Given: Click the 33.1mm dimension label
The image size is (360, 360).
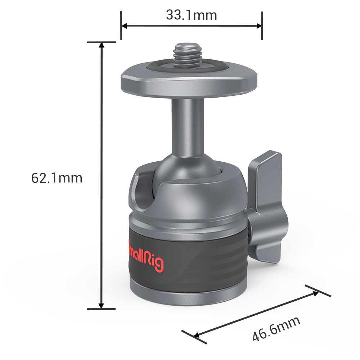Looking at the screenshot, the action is [x=191, y=15].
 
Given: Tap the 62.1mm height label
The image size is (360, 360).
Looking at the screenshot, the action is [x=57, y=178].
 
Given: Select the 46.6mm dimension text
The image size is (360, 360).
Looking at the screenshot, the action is [x=276, y=329].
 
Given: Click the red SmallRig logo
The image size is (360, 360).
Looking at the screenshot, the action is [x=146, y=256].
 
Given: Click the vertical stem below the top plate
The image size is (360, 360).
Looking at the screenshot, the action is [x=188, y=127].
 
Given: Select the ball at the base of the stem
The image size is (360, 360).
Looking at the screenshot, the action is [x=187, y=168].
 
